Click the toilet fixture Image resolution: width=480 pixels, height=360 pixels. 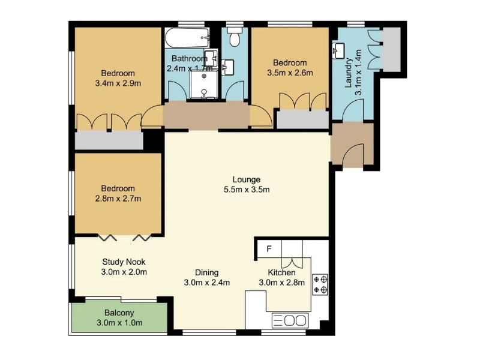point(235,37)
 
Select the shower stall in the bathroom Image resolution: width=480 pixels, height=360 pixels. point(204,85)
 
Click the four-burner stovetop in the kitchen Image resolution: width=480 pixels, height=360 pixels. point(320,284)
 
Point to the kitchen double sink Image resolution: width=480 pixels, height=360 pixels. point(290,320)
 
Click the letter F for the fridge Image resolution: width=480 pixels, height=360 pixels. point(269,249)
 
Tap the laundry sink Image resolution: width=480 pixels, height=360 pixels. point(338,50)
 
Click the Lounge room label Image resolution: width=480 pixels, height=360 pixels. point(247,179)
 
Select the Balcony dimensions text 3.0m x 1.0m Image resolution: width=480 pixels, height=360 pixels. point(119,323)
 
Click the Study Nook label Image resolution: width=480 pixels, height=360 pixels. point(124,262)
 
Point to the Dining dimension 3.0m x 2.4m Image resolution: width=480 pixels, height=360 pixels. point(207,283)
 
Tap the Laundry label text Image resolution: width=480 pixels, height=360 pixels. point(349,73)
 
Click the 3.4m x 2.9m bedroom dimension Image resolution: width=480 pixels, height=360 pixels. point(118,83)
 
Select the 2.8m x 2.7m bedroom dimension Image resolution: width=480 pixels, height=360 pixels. point(118,199)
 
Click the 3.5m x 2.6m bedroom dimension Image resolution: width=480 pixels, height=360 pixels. point(290,73)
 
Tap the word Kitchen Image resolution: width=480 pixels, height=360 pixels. point(281,272)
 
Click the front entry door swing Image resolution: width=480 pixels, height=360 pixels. point(353,155)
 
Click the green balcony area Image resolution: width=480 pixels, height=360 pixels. point(119,317)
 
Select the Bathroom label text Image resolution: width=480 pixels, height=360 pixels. point(190,58)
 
